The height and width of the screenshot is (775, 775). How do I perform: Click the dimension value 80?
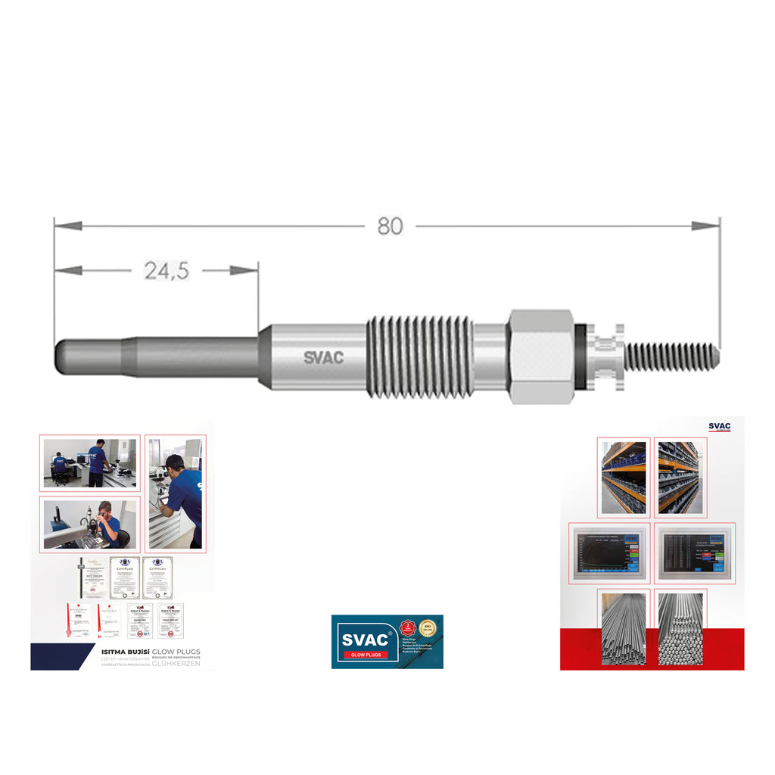(x=390, y=226)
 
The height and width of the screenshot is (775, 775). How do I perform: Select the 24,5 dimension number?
(x=167, y=271)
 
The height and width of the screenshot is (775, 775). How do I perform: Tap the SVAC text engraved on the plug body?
(x=323, y=357)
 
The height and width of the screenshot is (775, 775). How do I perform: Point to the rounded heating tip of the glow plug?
(x=65, y=356)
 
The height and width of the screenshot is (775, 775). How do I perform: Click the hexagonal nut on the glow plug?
(x=541, y=356)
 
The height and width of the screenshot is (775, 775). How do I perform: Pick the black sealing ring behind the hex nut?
(x=581, y=356)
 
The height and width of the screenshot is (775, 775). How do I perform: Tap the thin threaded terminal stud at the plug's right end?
(x=671, y=356)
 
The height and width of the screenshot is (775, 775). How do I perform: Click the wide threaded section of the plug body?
(x=420, y=356)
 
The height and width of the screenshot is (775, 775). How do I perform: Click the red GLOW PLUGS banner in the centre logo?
(x=364, y=655)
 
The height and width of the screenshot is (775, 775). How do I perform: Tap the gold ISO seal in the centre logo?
(x=428, y=629)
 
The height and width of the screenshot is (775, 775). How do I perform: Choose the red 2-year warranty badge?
(x=409, y=629)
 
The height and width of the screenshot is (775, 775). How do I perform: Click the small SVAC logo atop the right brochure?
(x=719, y=427)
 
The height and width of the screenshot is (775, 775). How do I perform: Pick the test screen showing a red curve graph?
(x=608, y=552)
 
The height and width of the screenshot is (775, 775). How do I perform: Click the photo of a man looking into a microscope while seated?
(x=90, y=524)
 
